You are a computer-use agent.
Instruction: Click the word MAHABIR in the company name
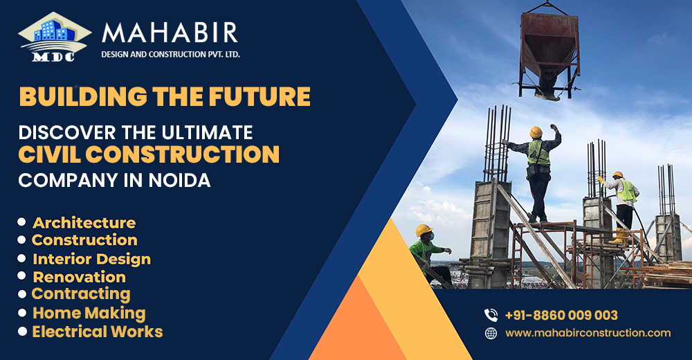tap(170, 33)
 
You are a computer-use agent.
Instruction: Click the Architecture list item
tap(84, 223)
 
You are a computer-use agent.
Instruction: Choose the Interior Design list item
tap(91, 259)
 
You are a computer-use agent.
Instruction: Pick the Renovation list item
tap(80, 277)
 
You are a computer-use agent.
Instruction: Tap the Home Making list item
tap(89, 313)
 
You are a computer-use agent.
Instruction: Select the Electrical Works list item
tap(98, 332)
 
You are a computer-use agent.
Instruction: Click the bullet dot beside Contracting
tap(21, 294)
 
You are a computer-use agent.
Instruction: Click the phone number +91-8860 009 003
tap(561, 315)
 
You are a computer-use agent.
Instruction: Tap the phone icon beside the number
tap(491, 315)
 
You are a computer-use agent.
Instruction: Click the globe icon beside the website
tap(491, 333)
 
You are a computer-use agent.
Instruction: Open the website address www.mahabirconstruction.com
tap(588, 333)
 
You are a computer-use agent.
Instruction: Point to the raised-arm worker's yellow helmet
tap(536, 132)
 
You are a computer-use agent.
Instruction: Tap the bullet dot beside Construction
tap(21, 240)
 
